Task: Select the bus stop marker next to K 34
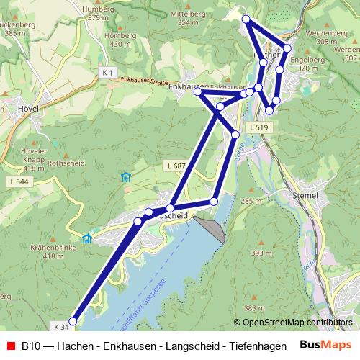(x=73, y=321)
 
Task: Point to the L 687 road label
(x=176, y=166)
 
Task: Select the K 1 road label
(x=108, y=73)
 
